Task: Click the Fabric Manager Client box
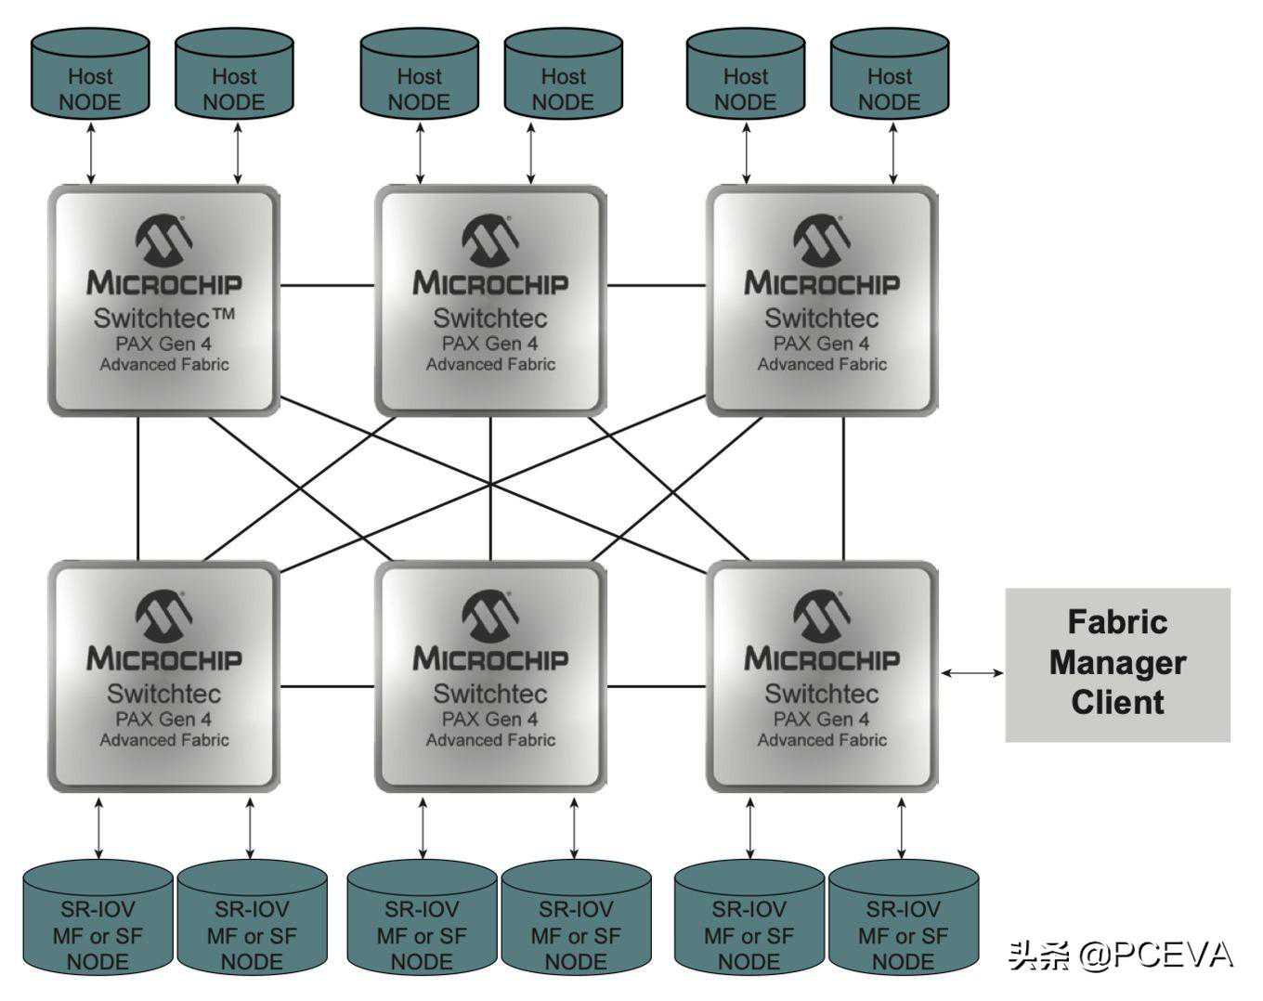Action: [x=1117, y=664]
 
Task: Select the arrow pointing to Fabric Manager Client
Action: [x=972, y=672]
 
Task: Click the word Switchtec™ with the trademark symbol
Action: [x=164, y=318]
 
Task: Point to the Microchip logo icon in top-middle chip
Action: [x=489, y=240]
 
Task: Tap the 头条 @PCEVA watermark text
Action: [x=1120, y=955]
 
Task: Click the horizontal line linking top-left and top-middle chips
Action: [x=327, y=285]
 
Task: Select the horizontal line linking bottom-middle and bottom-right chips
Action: [x=656, y=686]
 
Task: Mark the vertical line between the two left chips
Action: [x=137, y=487]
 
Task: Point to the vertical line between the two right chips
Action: [x=843, y=487]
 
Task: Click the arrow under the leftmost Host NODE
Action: [x=90, y=151]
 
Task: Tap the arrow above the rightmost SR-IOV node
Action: [x=902, y=827]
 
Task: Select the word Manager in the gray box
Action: [x=1117, y=663]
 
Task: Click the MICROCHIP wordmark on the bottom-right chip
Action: [x=822, y=659]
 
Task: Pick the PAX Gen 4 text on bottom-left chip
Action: [x=163, y=719]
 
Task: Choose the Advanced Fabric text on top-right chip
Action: [x=822, y=365]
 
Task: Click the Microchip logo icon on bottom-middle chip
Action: [x=489, y=616]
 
